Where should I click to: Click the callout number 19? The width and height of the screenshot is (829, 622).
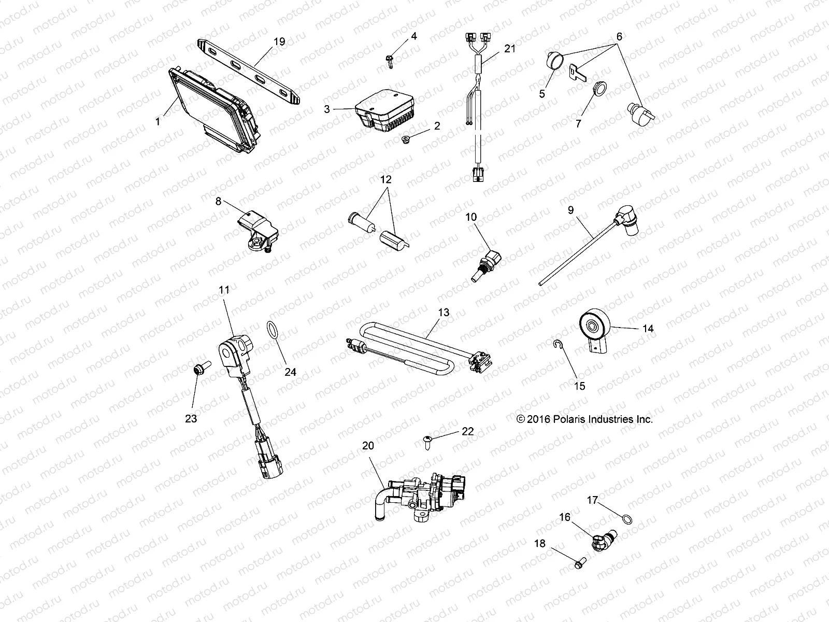[x=279, y=42]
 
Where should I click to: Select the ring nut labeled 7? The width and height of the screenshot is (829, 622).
[x=599, y=90]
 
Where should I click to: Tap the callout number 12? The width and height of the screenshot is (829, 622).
[x=386, y=180]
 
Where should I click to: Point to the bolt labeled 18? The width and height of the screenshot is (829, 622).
[x=579, y=560]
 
